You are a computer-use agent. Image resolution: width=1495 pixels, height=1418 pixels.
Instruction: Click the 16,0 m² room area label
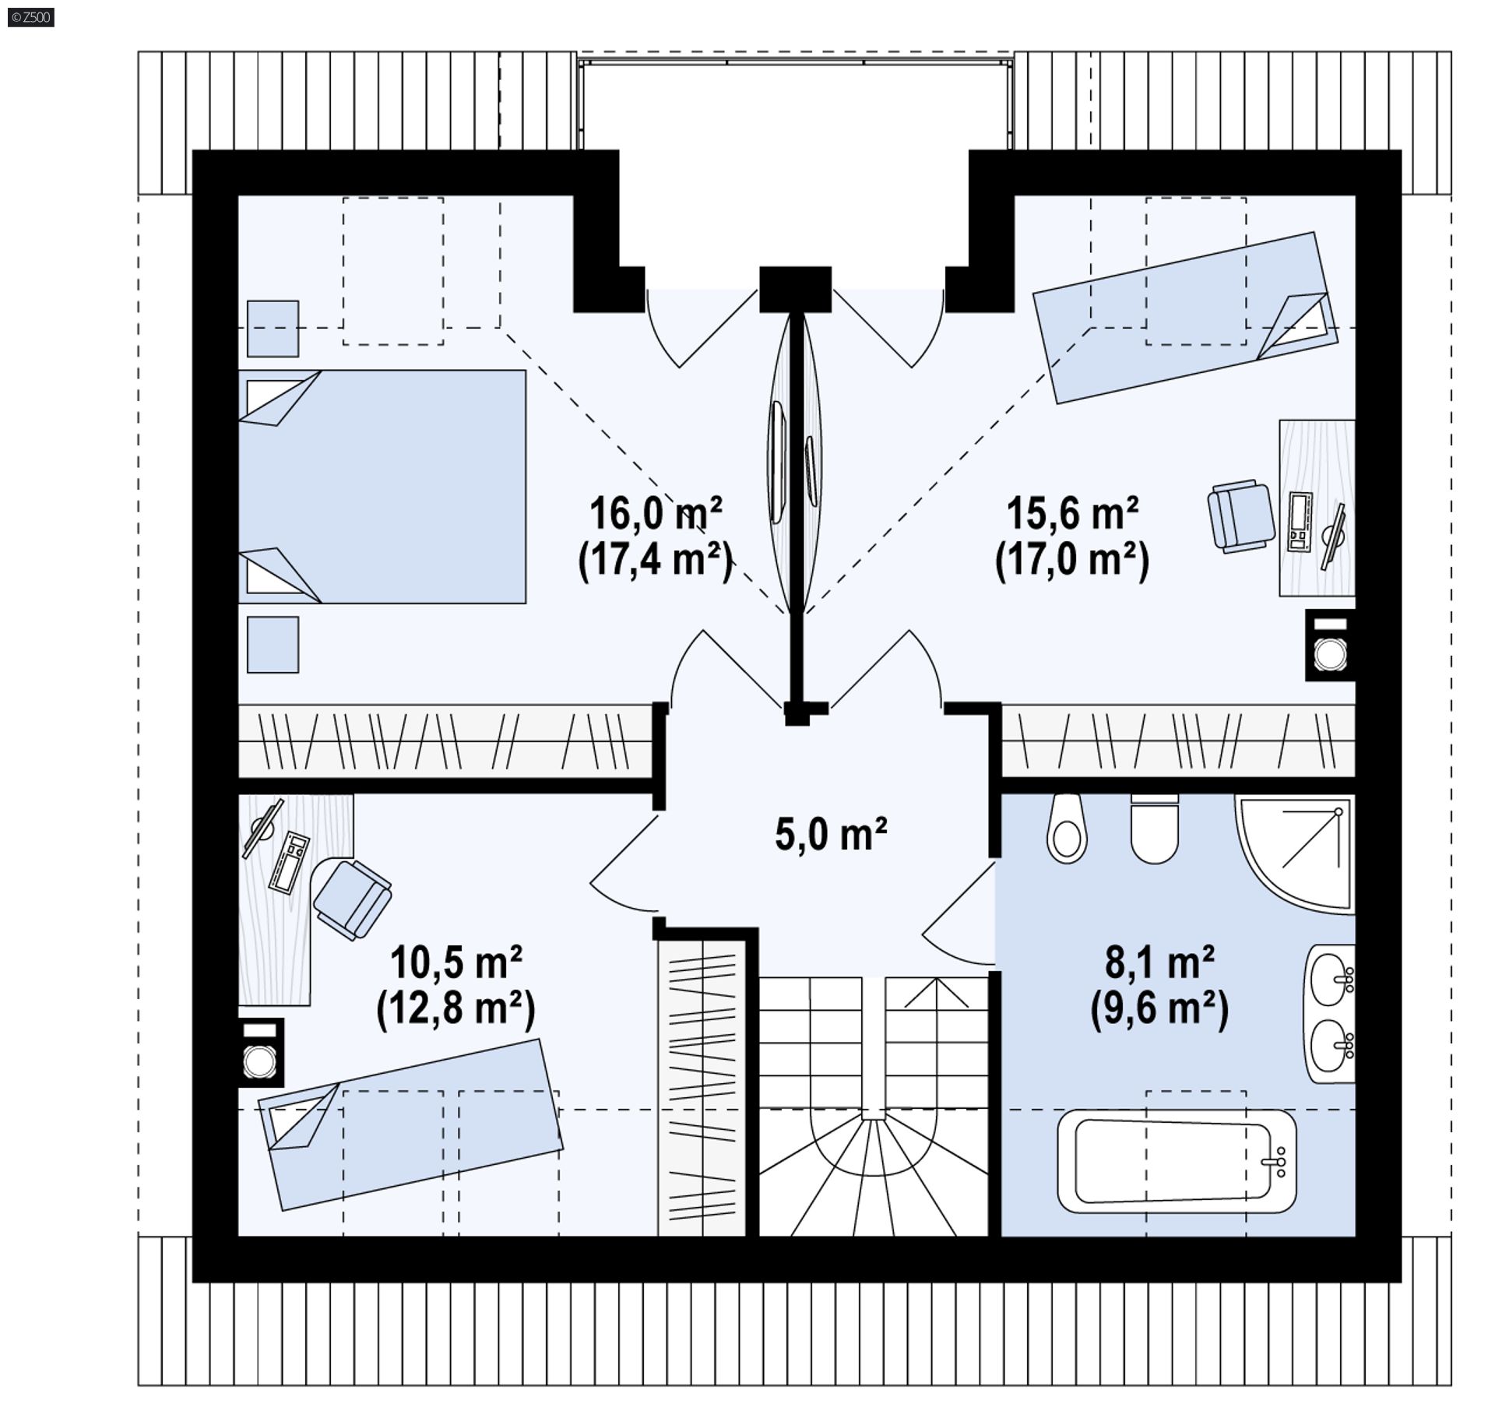click(x=656, y=514)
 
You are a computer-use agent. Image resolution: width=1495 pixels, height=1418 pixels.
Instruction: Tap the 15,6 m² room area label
click(x=1072, y=514)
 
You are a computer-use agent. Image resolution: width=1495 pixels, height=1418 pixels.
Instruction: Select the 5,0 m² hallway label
click(x=831, y=833)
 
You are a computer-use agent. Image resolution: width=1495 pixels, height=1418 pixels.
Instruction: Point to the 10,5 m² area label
click(x=456, y=962)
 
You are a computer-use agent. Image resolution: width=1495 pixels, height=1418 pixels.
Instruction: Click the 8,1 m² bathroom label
click(x=1159, y=962)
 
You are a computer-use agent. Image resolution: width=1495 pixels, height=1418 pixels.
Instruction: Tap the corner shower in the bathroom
click(x=1295, y=853)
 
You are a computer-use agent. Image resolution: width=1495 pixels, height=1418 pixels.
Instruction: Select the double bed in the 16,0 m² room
click(x=382, y=487)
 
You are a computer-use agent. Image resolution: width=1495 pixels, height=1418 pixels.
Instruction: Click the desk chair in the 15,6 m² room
click(x=1241, y=516)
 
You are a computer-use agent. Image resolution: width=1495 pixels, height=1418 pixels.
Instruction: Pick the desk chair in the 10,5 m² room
click(x=353, y=899)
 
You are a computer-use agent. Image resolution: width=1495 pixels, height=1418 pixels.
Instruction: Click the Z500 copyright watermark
click(x=31, y=17)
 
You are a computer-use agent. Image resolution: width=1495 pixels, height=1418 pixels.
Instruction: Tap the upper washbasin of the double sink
click(x=1332, y=979)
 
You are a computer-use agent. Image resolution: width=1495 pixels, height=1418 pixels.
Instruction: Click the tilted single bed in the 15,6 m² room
click(x=1185, y=318)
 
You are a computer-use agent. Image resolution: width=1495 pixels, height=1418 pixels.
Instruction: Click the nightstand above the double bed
click(x=273, y=329)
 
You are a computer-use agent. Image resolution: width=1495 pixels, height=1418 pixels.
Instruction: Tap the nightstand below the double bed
click(x=273, y=645)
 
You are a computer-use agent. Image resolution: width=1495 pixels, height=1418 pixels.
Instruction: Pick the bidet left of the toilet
click(x=1066, y=829)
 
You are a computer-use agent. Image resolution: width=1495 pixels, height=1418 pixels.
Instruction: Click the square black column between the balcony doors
click(x=796, y=290)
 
